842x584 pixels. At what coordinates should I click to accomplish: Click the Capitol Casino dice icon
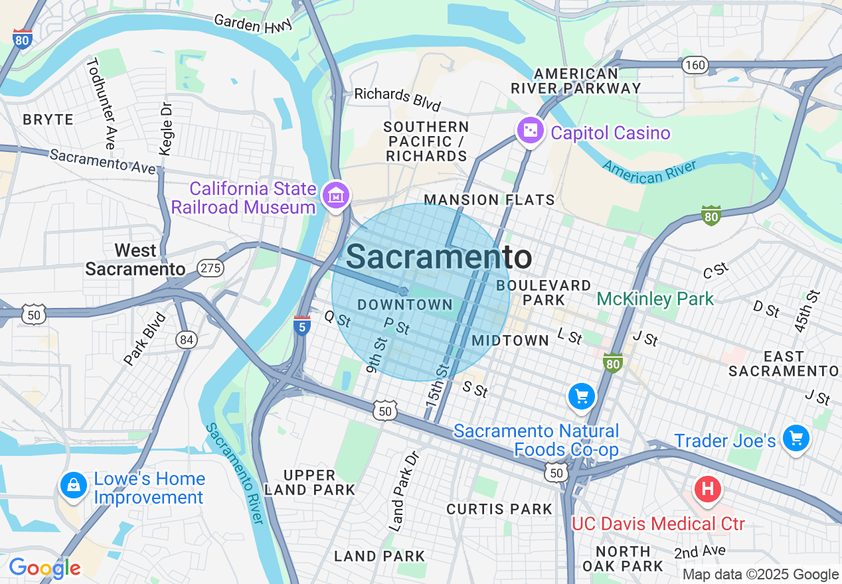[x=531, y=131]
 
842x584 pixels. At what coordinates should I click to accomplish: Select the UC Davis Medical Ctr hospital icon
[x=708, y=490]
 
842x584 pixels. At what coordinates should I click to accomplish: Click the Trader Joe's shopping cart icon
[x=795, y=439]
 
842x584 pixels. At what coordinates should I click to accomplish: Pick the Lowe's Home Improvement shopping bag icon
[x=74, y=486]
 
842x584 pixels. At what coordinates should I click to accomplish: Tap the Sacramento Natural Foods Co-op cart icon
[x=582, y=397]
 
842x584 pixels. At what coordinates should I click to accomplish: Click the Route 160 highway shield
[x=695, y=65]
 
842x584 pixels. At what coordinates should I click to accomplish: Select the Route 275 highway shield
[x=210, y=268]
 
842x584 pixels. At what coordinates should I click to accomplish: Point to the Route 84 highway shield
[x=187, y=340]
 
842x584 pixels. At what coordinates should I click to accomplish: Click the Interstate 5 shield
[x=302, y=326]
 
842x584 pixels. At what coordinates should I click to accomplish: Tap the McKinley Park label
[x=655, y=299]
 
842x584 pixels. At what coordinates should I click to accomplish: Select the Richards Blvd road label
[x=397, y=99]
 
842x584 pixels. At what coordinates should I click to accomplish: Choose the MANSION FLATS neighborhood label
[x=489, y=200]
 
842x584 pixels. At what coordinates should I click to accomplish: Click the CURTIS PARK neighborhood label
[x=499, y=509]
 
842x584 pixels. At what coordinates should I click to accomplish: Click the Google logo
[x=44, y=568]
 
